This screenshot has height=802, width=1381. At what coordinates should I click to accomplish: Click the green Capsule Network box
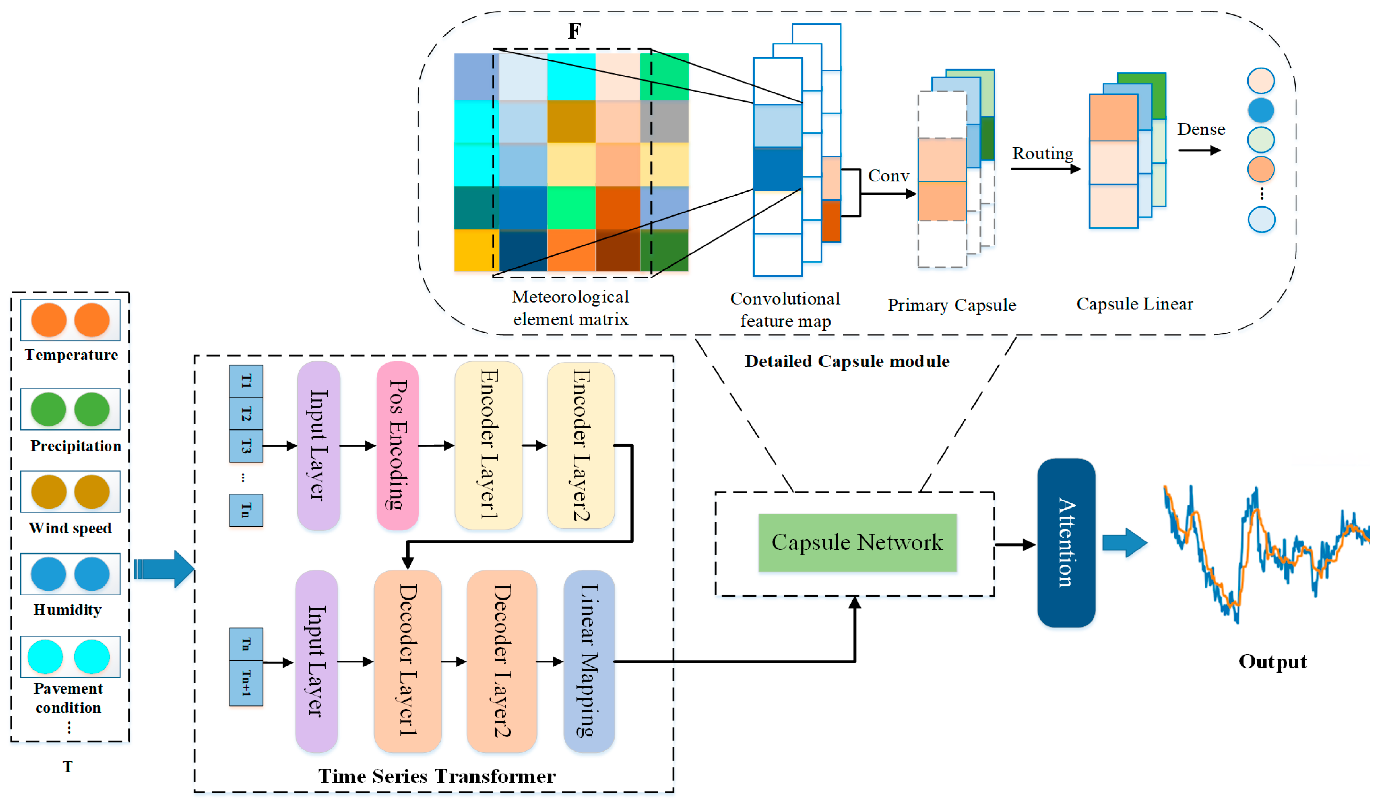(857, 542)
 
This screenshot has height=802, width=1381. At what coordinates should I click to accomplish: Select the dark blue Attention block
(1066, 542)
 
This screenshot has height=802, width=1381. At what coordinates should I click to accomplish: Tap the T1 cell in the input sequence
(246, 381)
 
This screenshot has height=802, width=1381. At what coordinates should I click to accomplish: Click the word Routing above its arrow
(1042, 153)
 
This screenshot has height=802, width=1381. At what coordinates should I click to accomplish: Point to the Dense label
(1201, 129)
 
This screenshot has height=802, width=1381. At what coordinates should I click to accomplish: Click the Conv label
(888, 176)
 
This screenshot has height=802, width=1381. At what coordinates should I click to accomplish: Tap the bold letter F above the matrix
(574, 31)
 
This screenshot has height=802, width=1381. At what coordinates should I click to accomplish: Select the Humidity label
(68, 610)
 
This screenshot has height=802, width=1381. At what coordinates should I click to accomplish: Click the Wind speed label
(70, 528)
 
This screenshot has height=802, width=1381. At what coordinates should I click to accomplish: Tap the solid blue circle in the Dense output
(1260, 110)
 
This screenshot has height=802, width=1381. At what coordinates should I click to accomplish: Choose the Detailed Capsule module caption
(847, 361)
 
